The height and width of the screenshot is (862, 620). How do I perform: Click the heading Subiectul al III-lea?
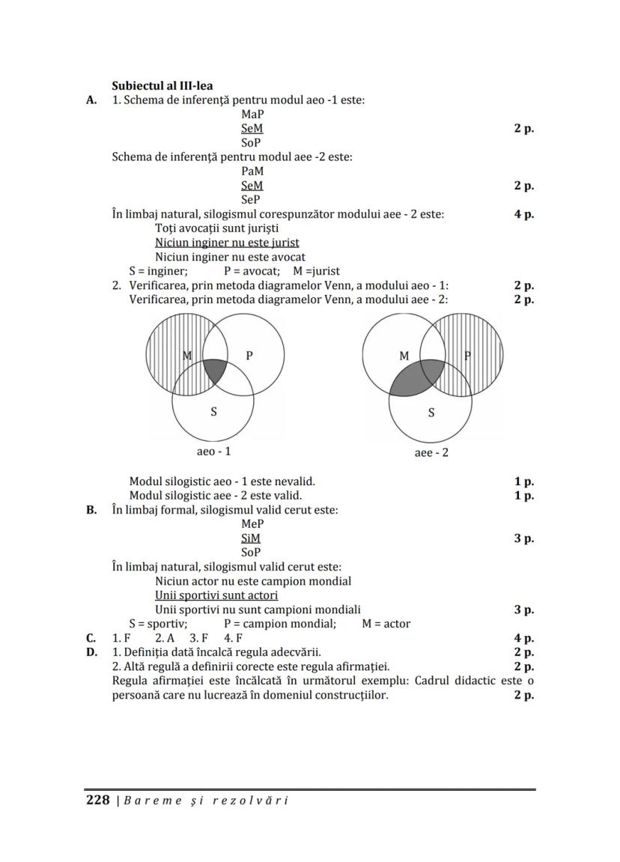[x=162, y=85]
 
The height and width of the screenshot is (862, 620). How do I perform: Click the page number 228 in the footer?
[x=98, y=800]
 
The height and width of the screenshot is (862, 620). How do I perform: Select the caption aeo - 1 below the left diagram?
[x=213, y=452]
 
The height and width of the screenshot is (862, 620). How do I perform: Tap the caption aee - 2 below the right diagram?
[x=431, y=452]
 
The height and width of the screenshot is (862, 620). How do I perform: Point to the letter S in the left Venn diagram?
[x=213, y=412]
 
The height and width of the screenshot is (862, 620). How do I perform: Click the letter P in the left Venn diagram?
[x=249, y=356]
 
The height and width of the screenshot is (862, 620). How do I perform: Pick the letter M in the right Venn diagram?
[x=404, y=356]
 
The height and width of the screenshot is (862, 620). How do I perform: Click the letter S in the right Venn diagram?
[x=431, y=412]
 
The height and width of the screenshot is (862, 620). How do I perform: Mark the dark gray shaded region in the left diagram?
[x=215, y=370]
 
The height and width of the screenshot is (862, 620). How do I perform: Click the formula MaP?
[x=252, y=115]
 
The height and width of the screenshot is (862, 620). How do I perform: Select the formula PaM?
[x=252, y=172]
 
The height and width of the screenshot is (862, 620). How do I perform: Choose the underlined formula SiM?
[x=251, y=538]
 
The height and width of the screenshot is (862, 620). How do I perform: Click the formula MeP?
[x=252, y=524]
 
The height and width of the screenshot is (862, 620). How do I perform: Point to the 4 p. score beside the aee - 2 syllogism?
[x=523, y=214]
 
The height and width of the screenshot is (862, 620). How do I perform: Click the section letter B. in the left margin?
[x=92, y=510]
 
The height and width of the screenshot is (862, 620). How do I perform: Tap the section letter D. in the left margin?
[x=92, y=652]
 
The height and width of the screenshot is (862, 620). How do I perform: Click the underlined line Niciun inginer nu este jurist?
[x=227, y=243]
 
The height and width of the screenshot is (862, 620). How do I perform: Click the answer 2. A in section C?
[x=165, y=638]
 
